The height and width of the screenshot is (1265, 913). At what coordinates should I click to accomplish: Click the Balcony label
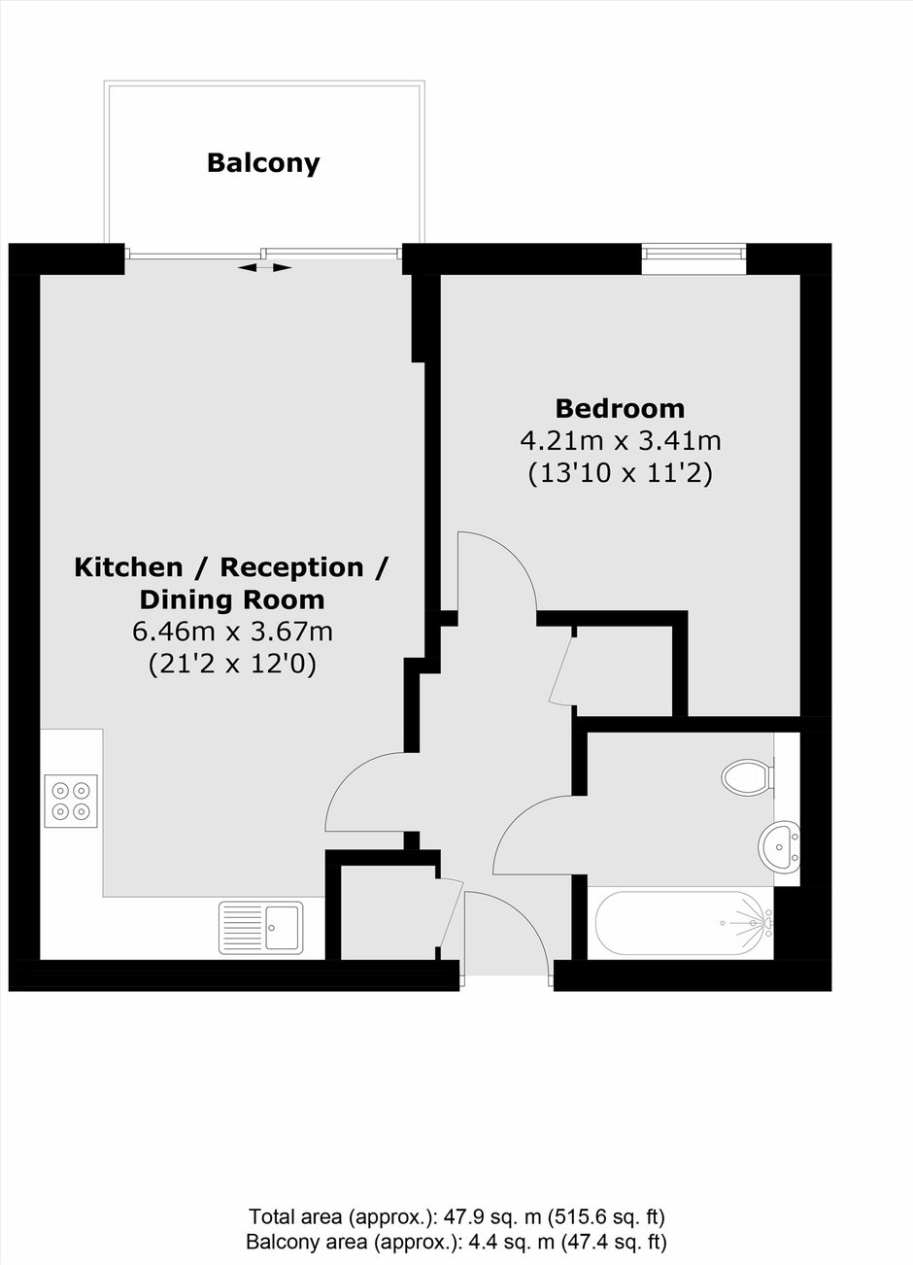263,164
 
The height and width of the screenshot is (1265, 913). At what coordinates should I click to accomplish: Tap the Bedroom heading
620,408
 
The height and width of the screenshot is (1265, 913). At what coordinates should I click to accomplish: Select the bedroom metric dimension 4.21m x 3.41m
620,441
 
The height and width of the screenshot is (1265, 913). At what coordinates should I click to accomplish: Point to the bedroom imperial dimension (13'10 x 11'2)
620,473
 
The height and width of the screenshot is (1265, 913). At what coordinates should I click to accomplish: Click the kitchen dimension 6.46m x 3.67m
232,632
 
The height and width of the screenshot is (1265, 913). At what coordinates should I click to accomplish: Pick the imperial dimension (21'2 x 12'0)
232,665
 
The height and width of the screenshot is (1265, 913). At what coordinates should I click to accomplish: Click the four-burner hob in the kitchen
71,801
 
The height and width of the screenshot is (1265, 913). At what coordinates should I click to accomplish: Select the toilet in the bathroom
748,776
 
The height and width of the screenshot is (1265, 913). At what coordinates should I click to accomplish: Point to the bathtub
684,923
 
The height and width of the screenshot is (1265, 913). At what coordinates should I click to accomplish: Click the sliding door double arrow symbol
264,268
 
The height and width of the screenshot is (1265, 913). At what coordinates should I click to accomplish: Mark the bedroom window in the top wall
693,252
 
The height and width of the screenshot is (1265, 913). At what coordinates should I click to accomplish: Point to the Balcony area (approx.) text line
456,1243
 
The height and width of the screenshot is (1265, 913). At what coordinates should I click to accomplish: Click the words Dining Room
232,599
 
